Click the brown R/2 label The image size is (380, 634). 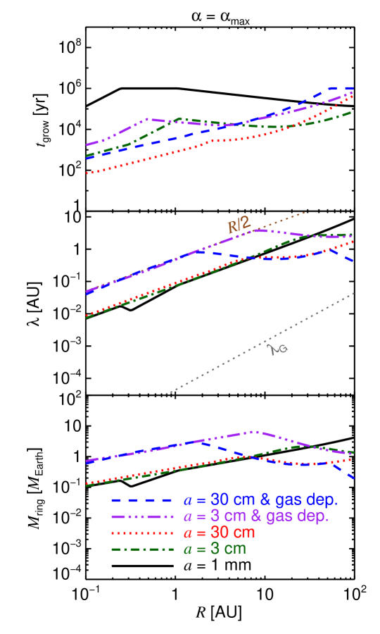click(x=239, y=225)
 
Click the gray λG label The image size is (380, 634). click(x=279, y=348)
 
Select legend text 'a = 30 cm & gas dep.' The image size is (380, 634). click(x=260, y=500)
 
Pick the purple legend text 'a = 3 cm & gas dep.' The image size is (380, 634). click(x=256, y=516)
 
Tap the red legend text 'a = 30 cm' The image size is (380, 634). click(x=219, y=533)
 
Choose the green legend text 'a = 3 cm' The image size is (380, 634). click(x=215, y=549)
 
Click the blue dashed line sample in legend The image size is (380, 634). click(x=141, y=500)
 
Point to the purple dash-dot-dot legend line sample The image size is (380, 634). click(x=141, y=516)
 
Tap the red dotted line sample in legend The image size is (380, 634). click(x=141, y=533)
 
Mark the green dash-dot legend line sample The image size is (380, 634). click(x=141, y=549)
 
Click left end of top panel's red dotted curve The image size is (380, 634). click(x=87, y=172)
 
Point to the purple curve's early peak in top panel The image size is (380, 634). click(x=147, y=119)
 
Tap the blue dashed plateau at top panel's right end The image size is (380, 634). click(x=341, y=89)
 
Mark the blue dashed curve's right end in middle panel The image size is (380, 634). click(x=353, y=261)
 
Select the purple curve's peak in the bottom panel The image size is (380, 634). click(x=253, y=432)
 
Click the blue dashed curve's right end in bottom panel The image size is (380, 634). click(x=353, y=478)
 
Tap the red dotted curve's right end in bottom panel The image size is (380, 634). click(x=351, y=458)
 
